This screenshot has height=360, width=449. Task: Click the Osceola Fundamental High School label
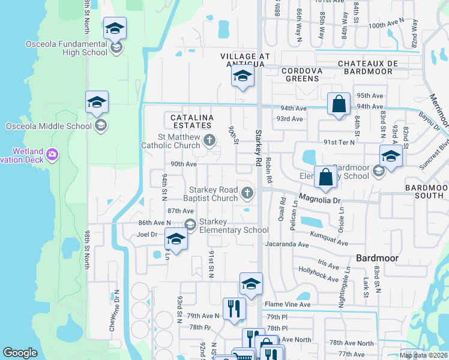click(67, 48)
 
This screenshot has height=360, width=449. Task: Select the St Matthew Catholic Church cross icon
click(209, 140)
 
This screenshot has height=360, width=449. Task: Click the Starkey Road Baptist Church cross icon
click(247, 193)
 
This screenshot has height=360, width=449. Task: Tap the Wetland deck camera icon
click(52, 155)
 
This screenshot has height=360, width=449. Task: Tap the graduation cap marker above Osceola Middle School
click(97, 102)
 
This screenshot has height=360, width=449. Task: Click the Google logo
click(20, 353)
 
